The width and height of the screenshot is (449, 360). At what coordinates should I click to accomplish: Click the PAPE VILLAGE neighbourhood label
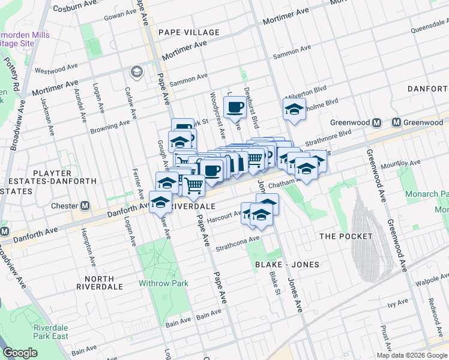point(189,32)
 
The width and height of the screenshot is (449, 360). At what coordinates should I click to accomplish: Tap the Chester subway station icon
point(85,206)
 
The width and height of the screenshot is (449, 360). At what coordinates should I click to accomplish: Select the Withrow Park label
point(163,283)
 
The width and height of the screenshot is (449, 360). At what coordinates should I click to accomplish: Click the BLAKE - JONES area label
point(286,265)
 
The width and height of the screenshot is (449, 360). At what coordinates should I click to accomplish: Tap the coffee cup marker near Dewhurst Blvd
point(234,107)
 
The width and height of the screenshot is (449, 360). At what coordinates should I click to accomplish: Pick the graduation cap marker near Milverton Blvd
point(294,109)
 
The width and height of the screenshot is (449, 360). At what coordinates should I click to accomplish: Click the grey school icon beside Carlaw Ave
point(136,72)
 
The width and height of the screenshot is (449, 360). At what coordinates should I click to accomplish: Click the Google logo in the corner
point(20,353)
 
